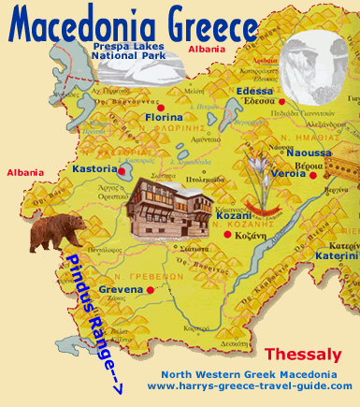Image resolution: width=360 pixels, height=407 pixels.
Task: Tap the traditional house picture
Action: tap(172, 208)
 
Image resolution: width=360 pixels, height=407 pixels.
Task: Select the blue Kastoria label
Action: tap(94, 169)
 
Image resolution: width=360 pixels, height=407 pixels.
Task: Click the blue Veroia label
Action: tap(287, 173)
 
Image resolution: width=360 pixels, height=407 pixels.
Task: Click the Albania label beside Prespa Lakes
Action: tap(207, 49)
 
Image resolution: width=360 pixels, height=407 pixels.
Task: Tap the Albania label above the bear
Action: tap(24, 173)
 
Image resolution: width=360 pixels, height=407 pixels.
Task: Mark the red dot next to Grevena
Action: tap(150, 290)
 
